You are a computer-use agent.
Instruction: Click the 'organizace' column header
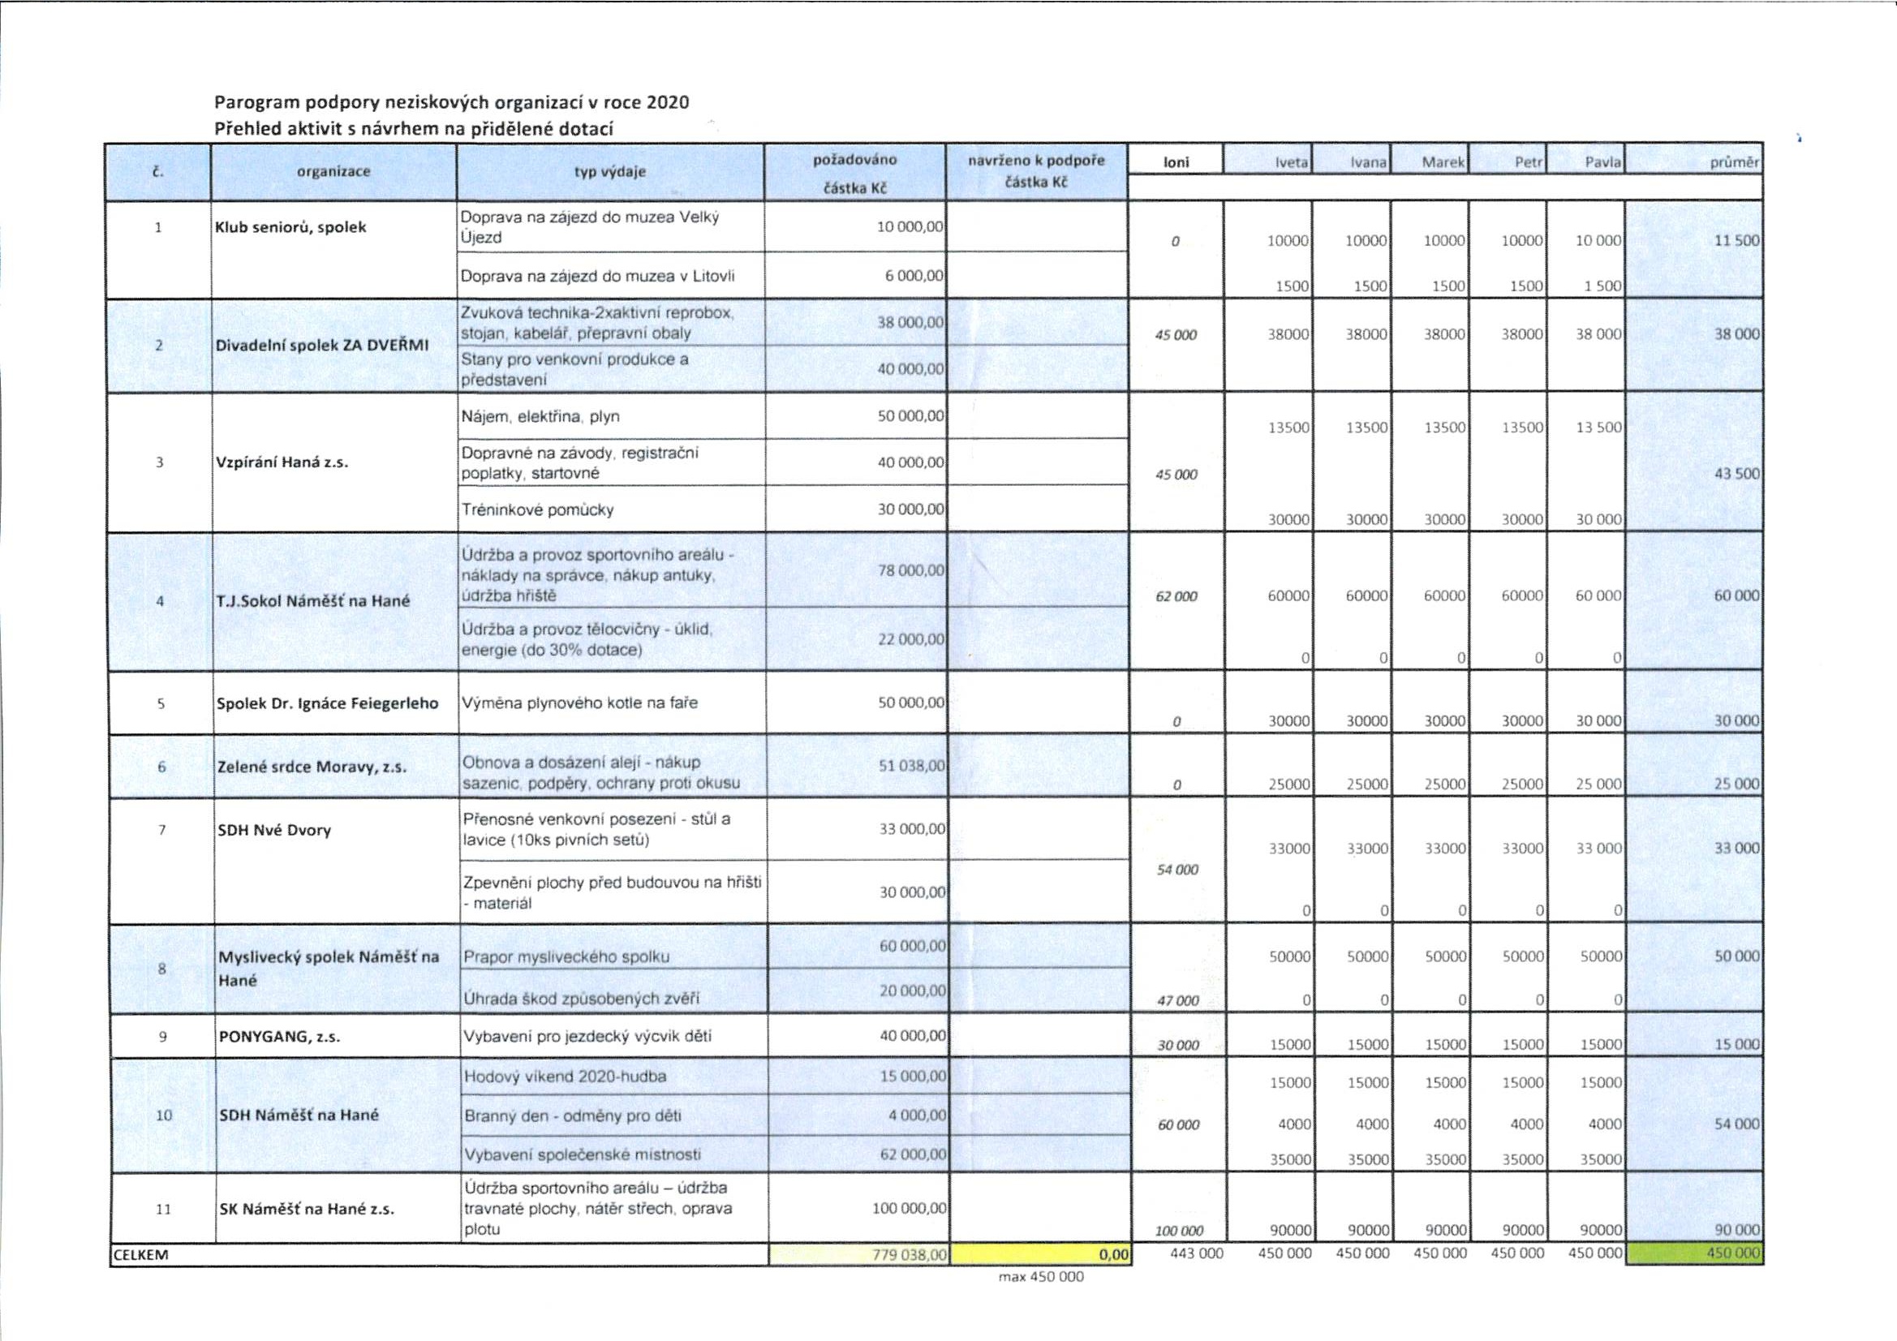tap(333, 172)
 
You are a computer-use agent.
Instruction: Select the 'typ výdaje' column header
tap(610, 172)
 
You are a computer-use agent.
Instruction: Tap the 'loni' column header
tap(1176, 163)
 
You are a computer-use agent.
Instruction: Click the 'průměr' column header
tap(1734, 164)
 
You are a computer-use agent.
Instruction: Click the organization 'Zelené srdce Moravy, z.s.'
tap(312, 767)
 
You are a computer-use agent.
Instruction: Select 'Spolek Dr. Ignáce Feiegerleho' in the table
tap(327, 704)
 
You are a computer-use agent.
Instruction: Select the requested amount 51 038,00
tap(911, 766)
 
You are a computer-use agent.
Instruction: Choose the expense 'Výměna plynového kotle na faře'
tap(579, 703)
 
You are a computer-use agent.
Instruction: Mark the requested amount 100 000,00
tap(909, 1208)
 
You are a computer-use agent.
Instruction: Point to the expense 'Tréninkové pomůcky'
tap(538, 509)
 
